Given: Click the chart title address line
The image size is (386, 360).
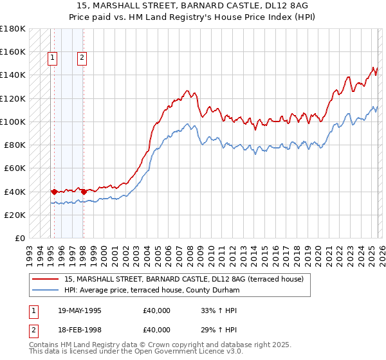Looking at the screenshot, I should coord(193,5).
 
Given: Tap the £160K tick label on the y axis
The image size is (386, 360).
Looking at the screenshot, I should coord(13,51).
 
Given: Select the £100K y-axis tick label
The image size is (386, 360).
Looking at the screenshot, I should coord(13,122).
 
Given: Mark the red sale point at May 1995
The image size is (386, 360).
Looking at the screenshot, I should coord(54,191).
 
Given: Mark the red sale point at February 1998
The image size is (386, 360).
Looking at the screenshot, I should coord(84,191).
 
